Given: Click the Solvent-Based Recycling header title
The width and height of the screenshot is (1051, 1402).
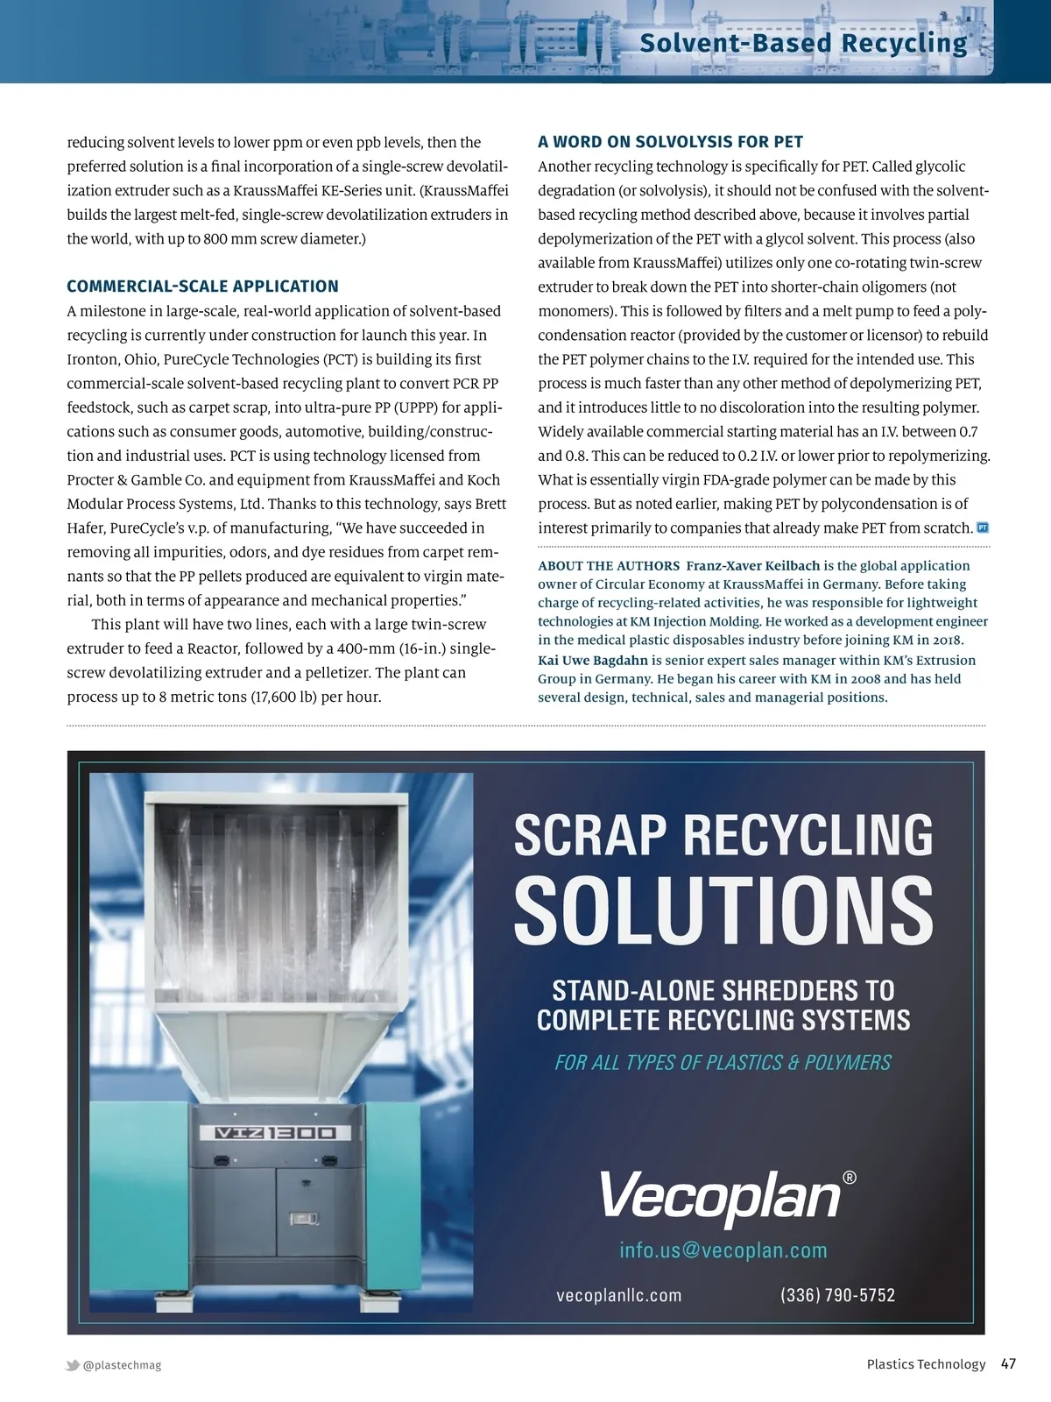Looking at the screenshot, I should [x=803, y=43].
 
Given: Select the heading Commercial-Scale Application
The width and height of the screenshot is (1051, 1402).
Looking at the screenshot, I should [x=202, y=286].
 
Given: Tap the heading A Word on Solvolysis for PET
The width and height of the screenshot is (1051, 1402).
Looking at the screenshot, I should [x=670, y=142].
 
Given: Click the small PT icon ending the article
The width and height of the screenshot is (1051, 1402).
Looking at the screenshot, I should [x=983, y=528].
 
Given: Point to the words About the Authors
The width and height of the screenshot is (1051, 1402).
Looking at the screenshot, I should [x=609, y=566].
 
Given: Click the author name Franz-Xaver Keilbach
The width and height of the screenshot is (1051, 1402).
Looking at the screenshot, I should [x=753, y=566].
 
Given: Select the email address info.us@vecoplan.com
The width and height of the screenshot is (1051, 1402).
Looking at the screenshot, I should [x=723, y=1250].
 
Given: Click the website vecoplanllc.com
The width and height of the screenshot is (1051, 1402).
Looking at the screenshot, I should [x=619, y=1295].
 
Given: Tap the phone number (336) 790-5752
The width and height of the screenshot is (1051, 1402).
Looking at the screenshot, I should [x=837, y=1295].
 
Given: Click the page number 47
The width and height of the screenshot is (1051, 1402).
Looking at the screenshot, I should [x=1008, y=1363].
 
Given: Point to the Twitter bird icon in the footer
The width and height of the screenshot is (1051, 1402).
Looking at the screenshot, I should [x=73, y=1365].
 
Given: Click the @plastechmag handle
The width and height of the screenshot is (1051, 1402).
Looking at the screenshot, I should [x=123, y=1365].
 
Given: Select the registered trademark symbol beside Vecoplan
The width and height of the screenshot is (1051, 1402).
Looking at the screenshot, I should [x=849, y=1178].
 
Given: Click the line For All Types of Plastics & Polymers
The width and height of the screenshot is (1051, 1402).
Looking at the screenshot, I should [x=723, y=1063].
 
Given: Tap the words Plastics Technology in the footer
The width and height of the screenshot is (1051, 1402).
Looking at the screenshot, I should [x=926, y=1364].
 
